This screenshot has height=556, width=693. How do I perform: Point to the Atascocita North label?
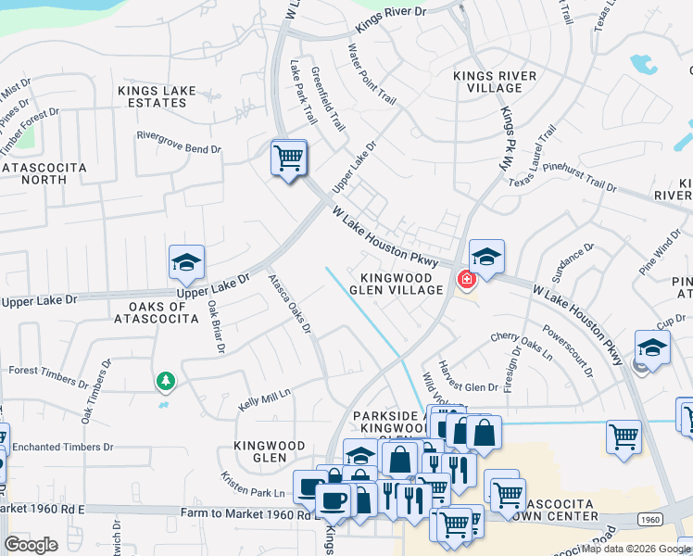click(x=44, y=174)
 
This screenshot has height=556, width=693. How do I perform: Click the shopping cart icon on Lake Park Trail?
click(x=289, y=159)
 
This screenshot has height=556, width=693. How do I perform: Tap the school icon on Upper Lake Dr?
click(x=186, y=264)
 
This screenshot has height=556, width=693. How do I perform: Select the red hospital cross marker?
click(x=466, y=278)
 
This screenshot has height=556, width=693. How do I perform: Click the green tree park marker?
click(x=166, y=380)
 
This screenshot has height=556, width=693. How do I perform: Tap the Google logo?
click(x=31, y=545)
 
